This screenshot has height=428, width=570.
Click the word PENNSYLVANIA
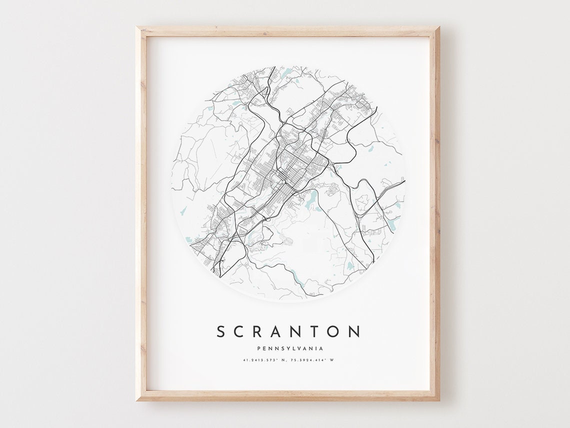click(x=289, y=348)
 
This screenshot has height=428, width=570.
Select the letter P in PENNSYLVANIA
click(x=257, y=348)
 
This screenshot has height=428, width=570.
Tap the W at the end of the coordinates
click(x=331, y=359)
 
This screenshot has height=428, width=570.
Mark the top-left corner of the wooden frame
click(x=137, y=28)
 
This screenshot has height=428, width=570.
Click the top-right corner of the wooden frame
click(x=438, y=28)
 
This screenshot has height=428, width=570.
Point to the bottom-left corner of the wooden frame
click(x=137, y=400)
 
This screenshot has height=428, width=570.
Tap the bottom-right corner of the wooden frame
click(x=438, y=400)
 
